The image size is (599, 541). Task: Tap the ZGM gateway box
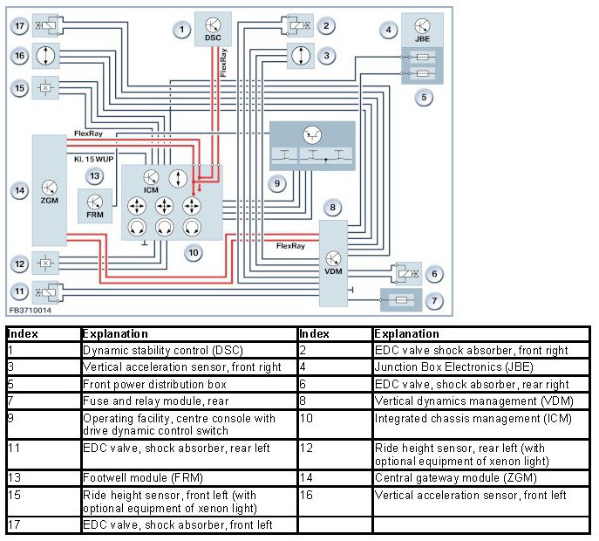coord(50,189)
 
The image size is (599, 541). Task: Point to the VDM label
coord(334,270)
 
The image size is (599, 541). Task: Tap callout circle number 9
coord(276,183)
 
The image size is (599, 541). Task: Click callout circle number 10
coord(194,252)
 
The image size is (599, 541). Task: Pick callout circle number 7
coord(432,301)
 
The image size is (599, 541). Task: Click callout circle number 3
coord(326,56)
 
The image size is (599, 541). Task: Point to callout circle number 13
coord(94,176)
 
